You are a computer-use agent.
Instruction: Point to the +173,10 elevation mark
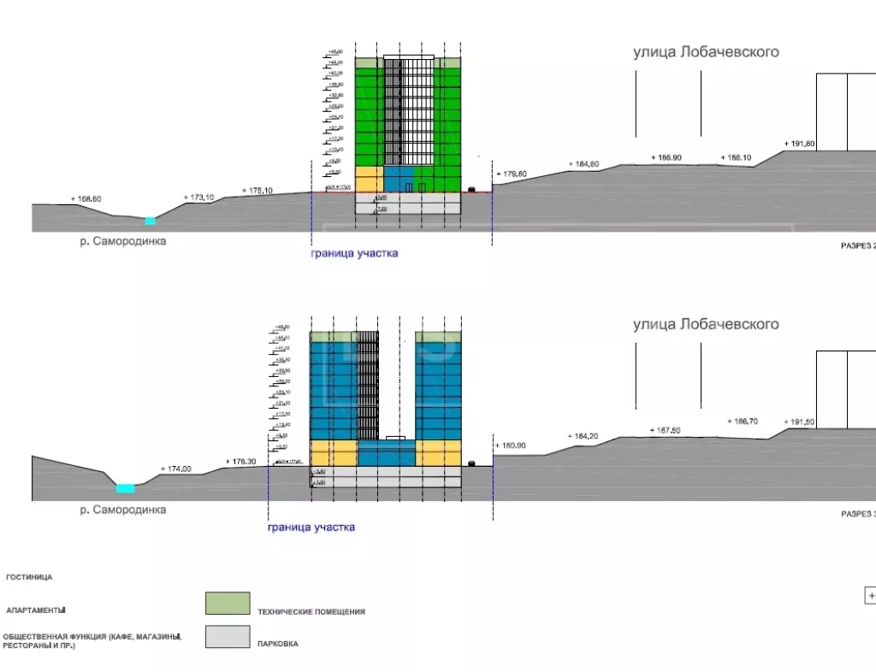[199, 197]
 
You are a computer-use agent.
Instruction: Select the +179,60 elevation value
[512, 174]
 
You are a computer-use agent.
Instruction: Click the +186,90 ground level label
[666, 157]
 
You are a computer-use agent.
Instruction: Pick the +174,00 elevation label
[176, 469]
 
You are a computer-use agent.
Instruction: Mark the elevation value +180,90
[512, 445]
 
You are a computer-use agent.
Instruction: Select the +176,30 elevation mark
[242, 462]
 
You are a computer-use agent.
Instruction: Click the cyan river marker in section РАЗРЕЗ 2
[151, 221]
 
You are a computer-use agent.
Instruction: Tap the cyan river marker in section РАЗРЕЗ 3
[126, 488]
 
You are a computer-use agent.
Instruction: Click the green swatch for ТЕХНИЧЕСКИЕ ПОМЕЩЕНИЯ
[228, 604]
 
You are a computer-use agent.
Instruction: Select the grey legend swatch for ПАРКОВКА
[228, 637]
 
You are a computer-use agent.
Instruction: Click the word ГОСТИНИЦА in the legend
[29, 577]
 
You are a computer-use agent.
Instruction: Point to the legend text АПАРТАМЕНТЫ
[36, 610]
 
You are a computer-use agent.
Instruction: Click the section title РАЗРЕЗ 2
[855, 245]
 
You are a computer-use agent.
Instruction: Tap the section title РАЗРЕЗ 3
[855, 514]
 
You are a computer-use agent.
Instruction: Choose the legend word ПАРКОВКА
[277, 644]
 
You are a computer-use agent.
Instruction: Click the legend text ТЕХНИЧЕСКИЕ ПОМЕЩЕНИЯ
[311, 611]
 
